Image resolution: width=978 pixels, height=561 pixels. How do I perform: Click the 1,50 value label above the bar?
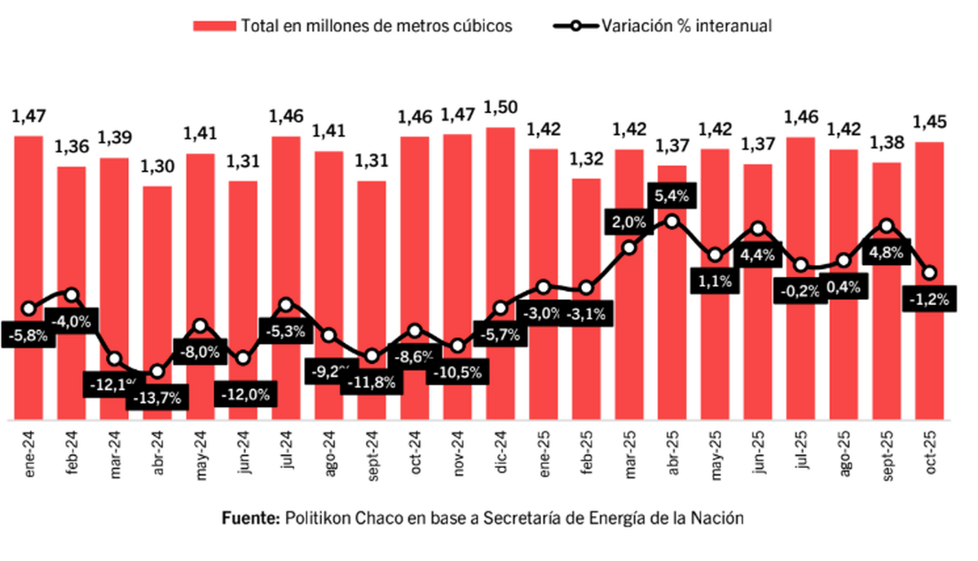500,108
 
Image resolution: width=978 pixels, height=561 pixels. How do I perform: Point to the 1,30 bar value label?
157,168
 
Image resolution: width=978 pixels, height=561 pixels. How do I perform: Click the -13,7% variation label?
157,399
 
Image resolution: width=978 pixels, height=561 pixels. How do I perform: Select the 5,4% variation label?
672,196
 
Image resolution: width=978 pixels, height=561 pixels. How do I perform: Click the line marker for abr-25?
672,221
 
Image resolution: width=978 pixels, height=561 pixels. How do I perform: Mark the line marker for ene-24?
29,308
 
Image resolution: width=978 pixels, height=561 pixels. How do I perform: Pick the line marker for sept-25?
887,226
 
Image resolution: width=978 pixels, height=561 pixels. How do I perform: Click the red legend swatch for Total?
214,26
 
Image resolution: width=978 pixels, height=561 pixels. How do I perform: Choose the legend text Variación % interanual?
687,26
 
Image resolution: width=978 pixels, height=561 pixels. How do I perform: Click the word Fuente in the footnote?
250,519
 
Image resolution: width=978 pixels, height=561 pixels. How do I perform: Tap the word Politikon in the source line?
317,519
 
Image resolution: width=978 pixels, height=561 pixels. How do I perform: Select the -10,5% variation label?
457,373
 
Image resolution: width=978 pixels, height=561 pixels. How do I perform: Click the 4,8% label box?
887,252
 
